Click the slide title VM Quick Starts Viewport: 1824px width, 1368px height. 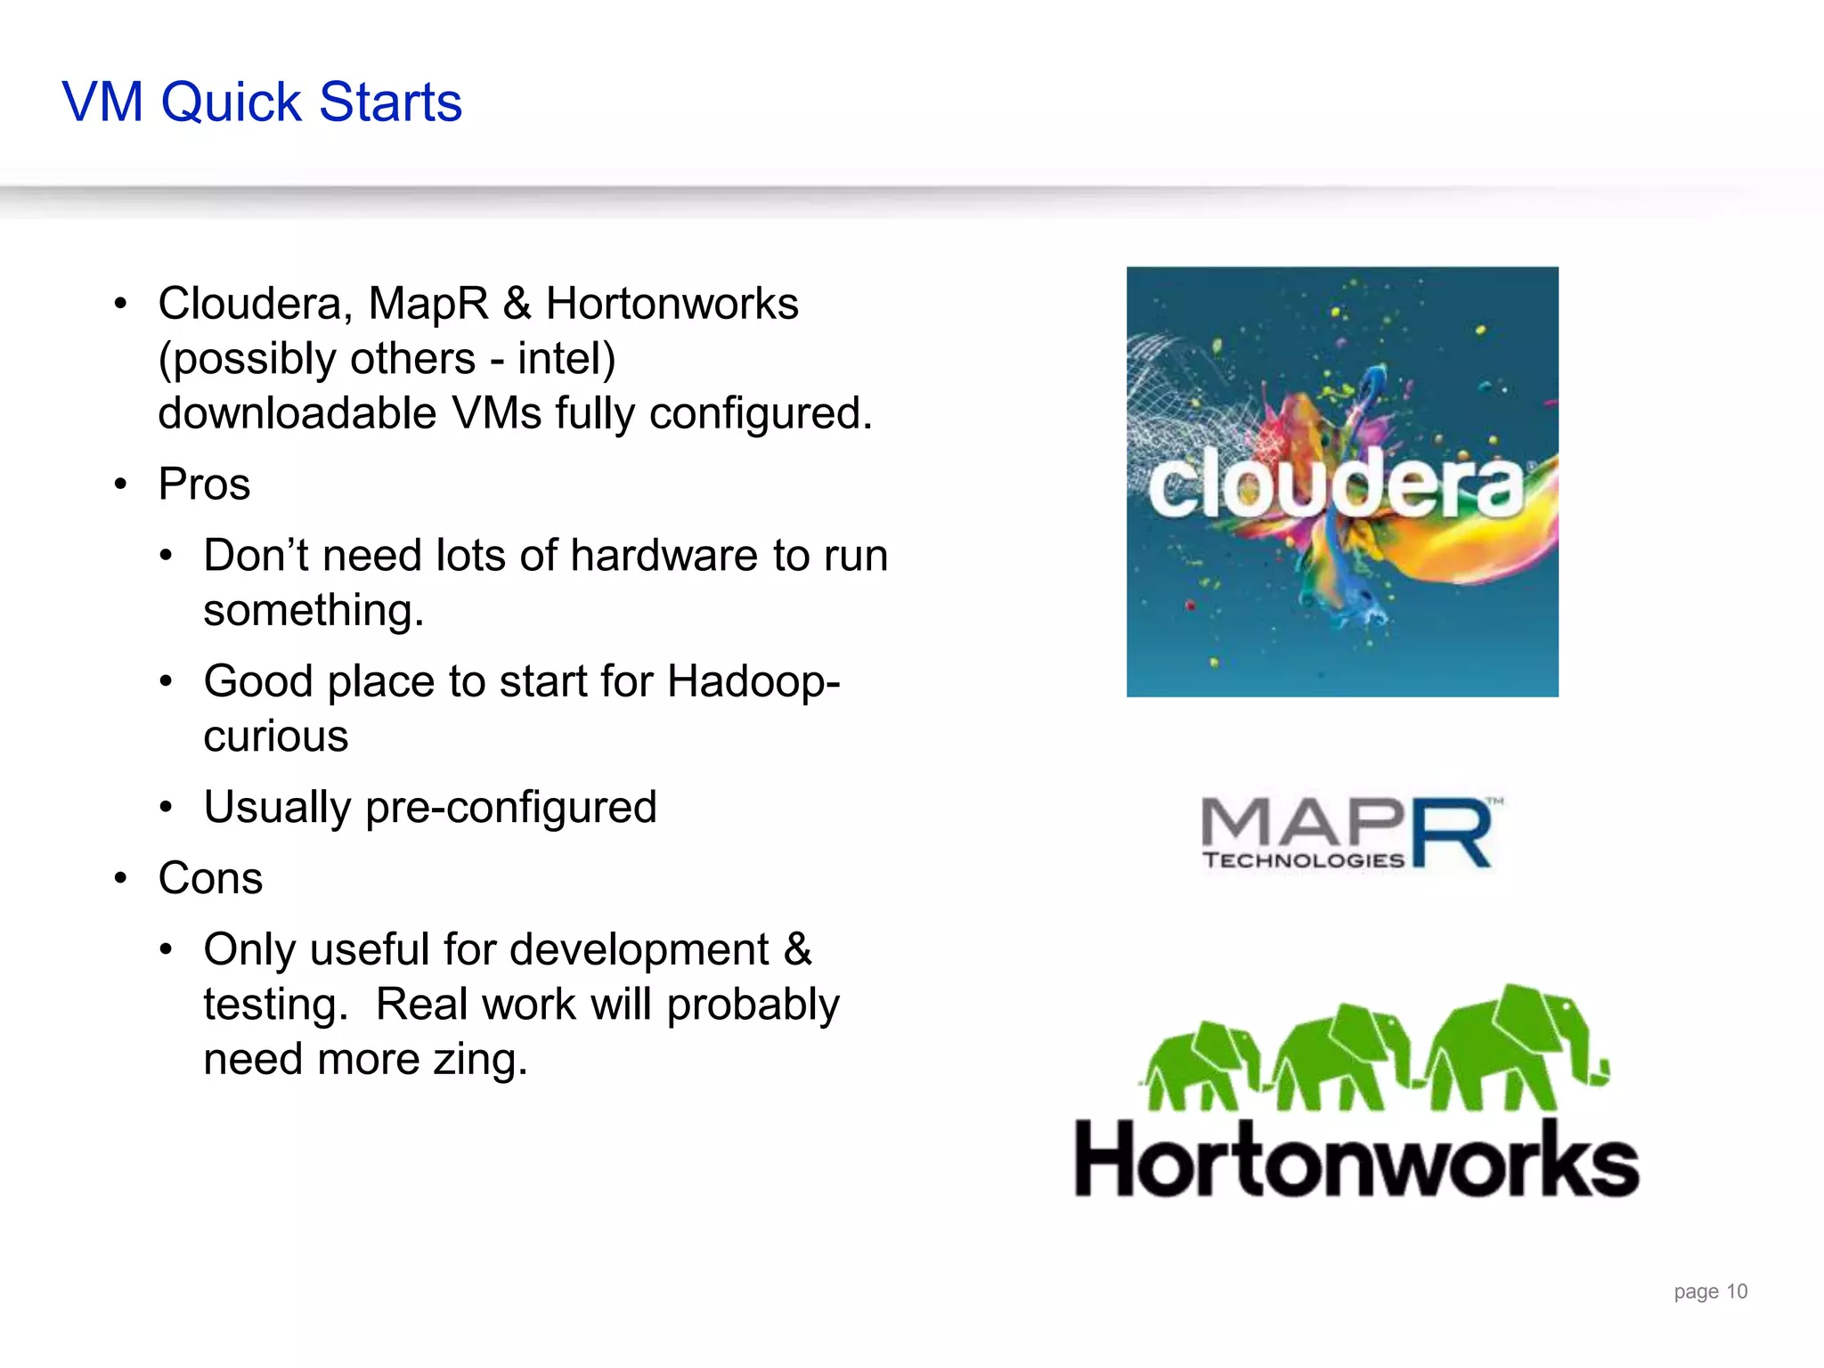262,102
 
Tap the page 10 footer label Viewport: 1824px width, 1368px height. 1710,1291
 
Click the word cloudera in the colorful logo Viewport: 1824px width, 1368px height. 1336,486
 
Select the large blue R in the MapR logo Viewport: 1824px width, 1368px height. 1452,834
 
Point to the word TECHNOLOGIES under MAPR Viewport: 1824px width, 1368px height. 1303,860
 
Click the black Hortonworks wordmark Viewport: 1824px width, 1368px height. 1356,1160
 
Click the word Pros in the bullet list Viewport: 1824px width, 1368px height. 204,484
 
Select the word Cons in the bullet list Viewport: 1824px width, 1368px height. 210,878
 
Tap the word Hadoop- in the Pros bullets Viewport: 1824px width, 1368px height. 753,681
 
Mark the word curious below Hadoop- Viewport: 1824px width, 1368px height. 275,737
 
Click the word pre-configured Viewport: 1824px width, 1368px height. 510,808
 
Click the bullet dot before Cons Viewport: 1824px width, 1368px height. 121,879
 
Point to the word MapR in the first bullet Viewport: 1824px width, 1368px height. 428,304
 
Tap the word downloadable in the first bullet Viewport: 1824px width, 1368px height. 297,413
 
